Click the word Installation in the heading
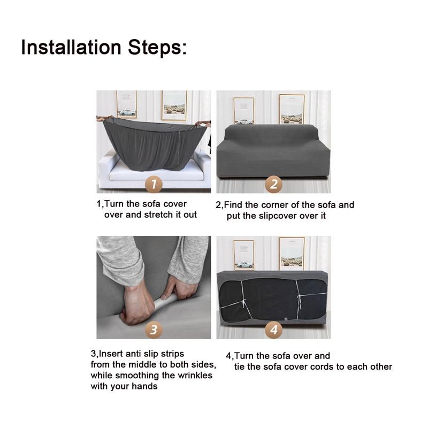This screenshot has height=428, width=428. coord(71,47)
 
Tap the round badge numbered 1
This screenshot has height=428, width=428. coord(154,184)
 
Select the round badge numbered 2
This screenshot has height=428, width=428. coord(273,184)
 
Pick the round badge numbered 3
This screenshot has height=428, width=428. coord(154,330)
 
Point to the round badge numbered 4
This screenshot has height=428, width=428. coord(273,330)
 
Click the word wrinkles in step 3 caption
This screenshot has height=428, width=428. coord(195,376)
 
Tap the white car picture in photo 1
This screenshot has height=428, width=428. coord(127,112)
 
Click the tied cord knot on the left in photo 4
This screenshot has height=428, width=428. coord(244,303)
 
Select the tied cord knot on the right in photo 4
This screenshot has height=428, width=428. coord(300,296)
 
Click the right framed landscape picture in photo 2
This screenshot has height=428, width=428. coord(292,109)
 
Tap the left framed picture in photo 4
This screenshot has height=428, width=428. coord(244,255)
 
